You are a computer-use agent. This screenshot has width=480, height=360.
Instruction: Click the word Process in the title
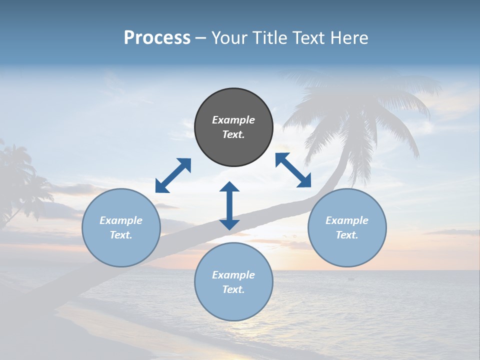tap(157, 38)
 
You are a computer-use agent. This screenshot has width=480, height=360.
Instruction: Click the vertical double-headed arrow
tap(229, 205)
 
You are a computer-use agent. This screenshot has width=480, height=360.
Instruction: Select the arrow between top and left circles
tap(173, 175)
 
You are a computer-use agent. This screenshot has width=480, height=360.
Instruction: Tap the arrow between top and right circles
tap(293, 170)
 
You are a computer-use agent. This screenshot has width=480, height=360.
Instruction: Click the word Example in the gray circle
tap(233, 120)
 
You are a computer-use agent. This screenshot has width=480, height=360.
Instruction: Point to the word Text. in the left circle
tap(121, 235)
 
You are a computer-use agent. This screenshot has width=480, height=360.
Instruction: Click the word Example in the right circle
tap(347, 220)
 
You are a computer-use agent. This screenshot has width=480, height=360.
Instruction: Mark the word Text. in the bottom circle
tap(233, 289)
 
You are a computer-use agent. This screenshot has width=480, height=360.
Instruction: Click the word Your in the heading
tap(229, 38)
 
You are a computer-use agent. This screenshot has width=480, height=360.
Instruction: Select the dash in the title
tap(201, 38)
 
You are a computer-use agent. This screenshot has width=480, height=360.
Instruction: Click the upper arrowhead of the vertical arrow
tap(229, 187)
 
